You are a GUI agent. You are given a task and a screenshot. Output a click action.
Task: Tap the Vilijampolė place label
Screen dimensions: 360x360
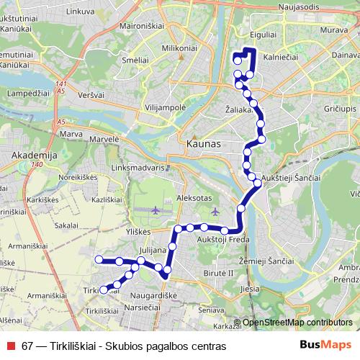165,107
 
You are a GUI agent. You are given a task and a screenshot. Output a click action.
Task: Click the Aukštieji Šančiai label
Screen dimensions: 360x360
289,178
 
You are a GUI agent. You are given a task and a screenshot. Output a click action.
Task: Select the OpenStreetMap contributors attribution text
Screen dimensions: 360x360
297,323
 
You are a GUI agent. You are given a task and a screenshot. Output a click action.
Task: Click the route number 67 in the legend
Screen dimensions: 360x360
27,346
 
